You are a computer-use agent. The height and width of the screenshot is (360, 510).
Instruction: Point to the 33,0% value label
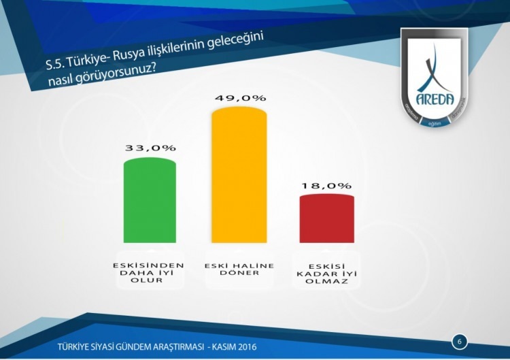150,148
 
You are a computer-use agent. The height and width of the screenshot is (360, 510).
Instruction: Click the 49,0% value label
240,98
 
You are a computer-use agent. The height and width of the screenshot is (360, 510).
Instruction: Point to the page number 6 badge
459,340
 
